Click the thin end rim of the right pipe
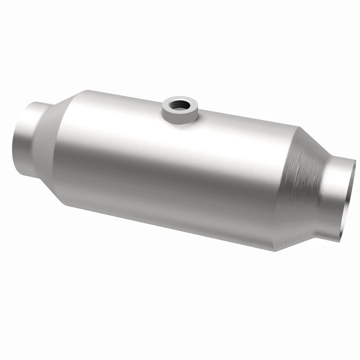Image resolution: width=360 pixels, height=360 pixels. coord(350,198)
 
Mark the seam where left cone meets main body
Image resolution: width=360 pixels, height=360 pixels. coord(60,153)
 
